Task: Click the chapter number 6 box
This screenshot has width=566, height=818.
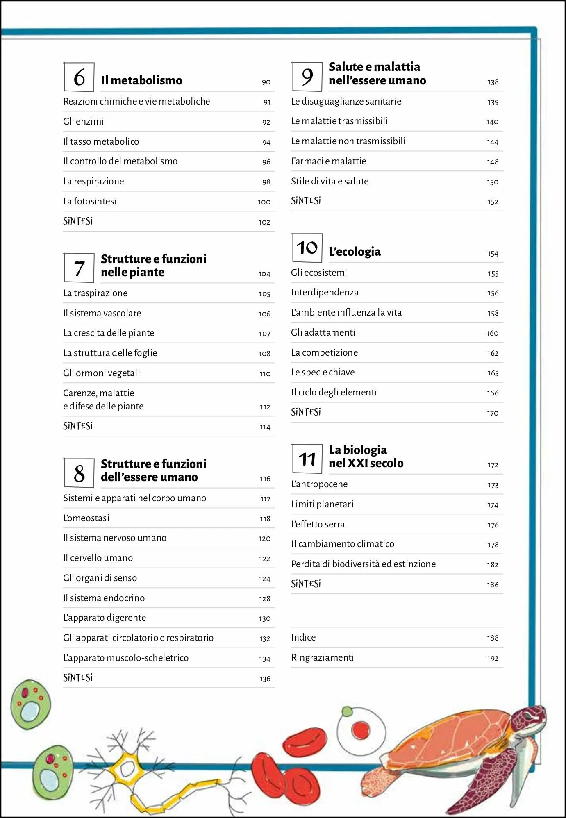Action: tap(79, 77)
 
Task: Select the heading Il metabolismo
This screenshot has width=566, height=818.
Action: tap(141, 80)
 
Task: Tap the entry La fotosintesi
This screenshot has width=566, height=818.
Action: tap(90, 201)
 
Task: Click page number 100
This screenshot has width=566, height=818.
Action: tap(264, 202)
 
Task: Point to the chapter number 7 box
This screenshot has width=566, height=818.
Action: tap(79, 268)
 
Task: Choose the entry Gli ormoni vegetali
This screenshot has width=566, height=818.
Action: tap(101, 373)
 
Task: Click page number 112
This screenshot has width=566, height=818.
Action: tap(265, 407)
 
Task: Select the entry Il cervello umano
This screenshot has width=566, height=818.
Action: tap(98, 558)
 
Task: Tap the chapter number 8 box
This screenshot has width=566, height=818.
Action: tap(79, 473)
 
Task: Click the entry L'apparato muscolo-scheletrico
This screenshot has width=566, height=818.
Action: tap(126, 658)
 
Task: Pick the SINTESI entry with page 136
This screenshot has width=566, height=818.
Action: tap(78, 678)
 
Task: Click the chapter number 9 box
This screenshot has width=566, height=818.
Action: tap(307, 77)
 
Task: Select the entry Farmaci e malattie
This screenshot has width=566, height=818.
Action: tap(328, 161)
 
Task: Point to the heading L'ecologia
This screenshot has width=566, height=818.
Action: tap(355, 252)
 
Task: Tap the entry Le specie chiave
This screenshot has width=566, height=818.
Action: tap(323, 372)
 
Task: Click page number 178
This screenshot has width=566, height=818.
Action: tap(493, 545)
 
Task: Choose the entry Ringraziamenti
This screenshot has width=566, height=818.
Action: tap(322, 657)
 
